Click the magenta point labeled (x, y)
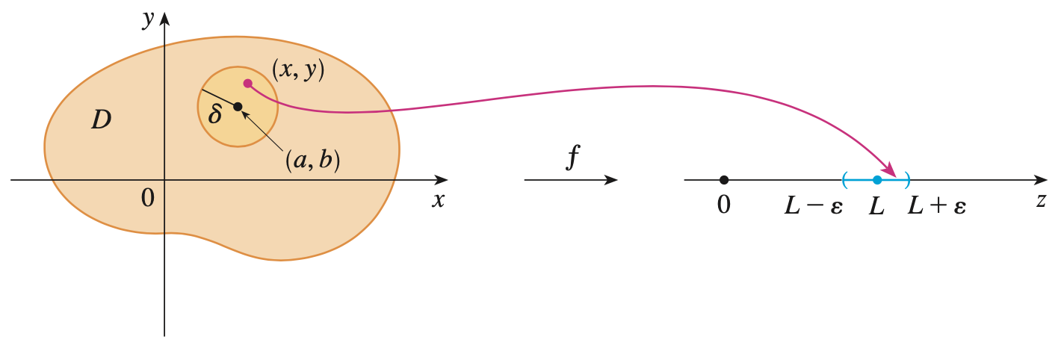[x=247, y=84]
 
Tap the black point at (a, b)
[x=238, y=107]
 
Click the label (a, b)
[x=312, y=161]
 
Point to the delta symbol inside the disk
[x=215, y=115]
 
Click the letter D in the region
[x=102, y=120]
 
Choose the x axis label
[x=439, y=200]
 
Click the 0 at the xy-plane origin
[x=147, y=198]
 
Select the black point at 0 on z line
[x=723, y=180]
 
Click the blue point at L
[x=877, y=180]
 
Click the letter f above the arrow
[x=572, y=158]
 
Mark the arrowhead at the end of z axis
[x=1042, y=180]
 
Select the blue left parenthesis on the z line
[x=844, y=180]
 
